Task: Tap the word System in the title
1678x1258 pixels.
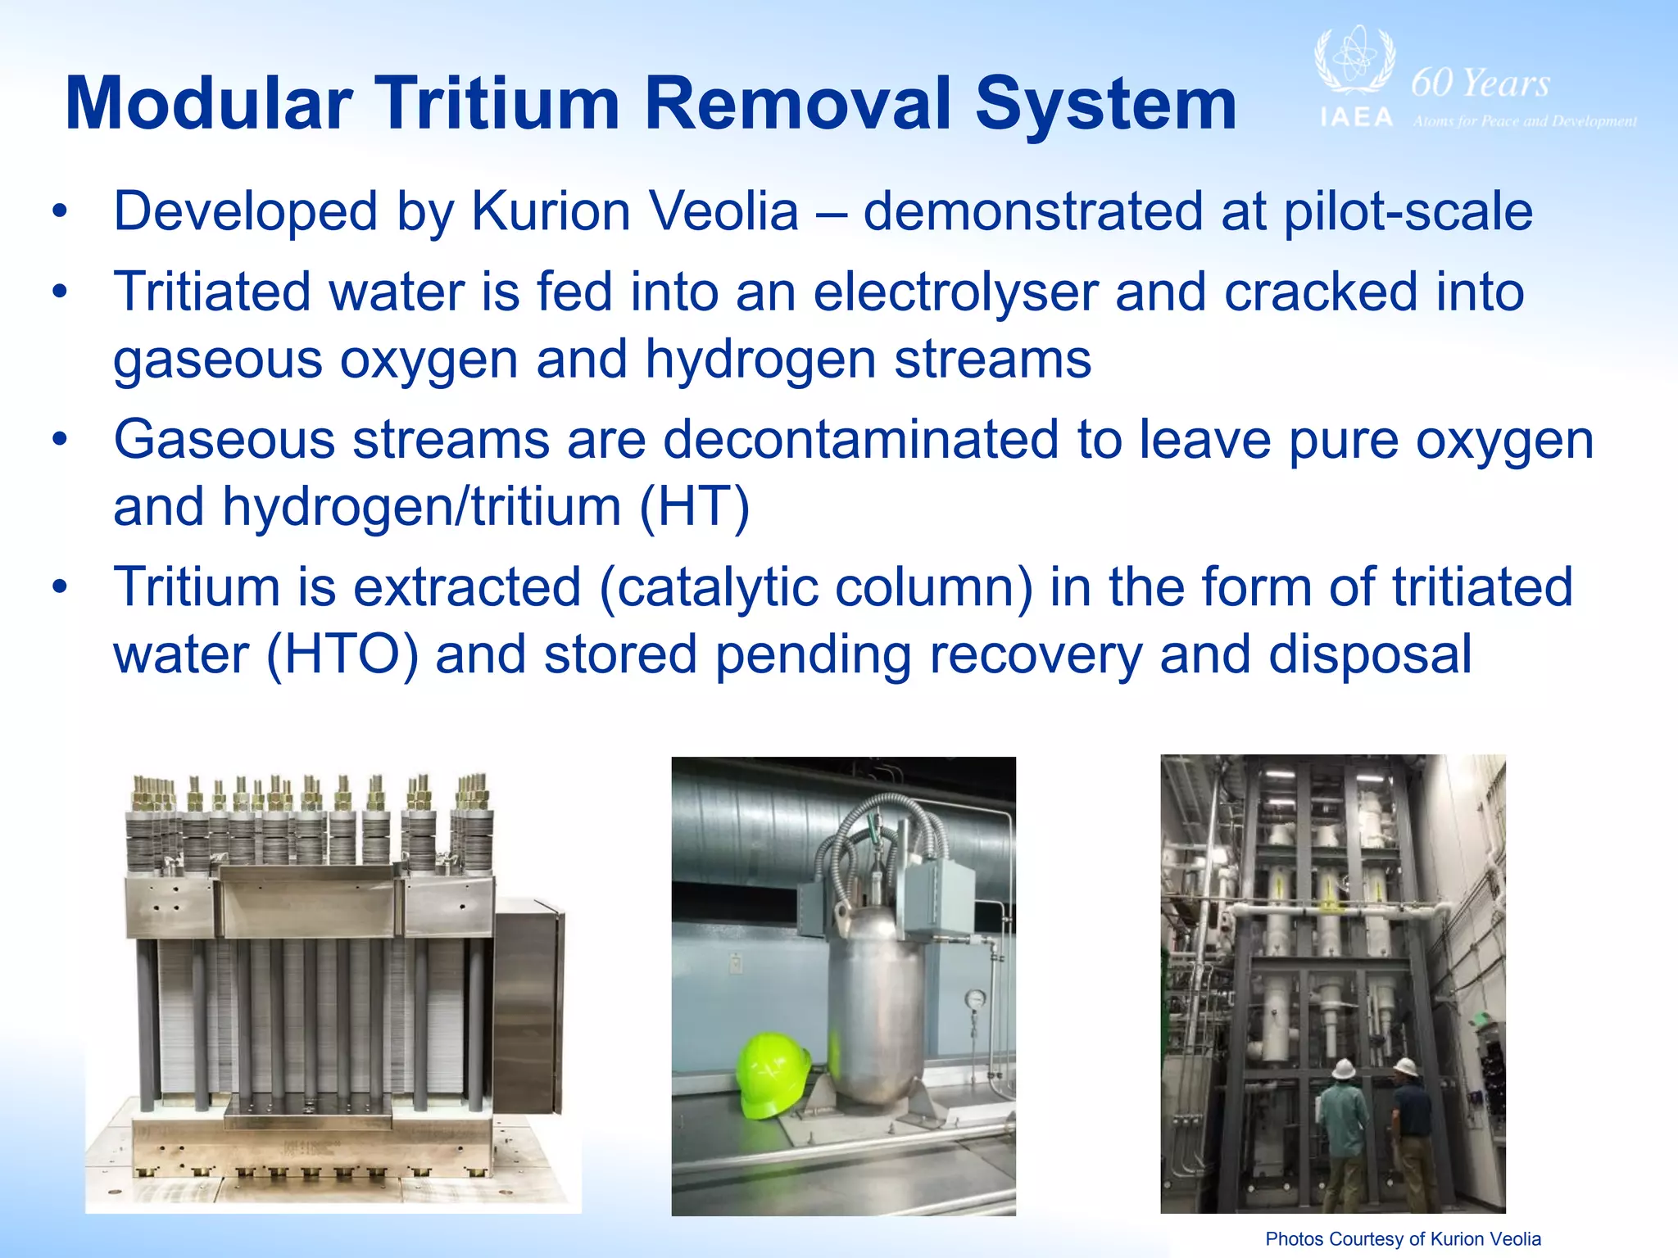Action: point(1105,104)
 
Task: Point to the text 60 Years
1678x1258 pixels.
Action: point(1481,84)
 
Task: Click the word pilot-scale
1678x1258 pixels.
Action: point(1407,212)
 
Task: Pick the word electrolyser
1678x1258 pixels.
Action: point(955,292)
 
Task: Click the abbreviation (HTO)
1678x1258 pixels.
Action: point(342,655)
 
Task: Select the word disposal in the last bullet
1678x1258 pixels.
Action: point(1370,655)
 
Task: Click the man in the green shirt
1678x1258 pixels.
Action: point(1343,1126)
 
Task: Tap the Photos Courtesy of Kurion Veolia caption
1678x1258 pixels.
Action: point(1403,1239)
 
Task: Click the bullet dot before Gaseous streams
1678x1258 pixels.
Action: point(59,441)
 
